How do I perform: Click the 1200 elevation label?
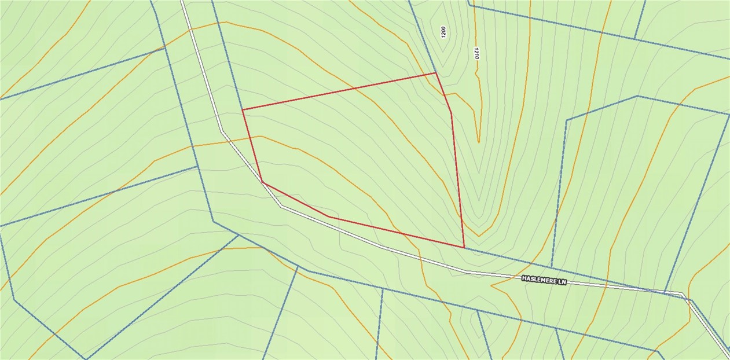[444, 32]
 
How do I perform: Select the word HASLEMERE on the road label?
[539, 280]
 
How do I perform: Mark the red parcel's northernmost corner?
[435, 73]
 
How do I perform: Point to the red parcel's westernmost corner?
[242, 109]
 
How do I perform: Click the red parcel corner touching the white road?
[263, 182]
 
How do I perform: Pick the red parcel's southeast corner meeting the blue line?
[464, 247]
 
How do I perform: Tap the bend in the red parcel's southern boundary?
[328, 216]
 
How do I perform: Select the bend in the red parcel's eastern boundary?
[451, 113]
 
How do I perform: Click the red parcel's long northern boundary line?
[339, 91]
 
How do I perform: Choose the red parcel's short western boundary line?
[252, 145]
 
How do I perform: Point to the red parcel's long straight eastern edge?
[458, 180]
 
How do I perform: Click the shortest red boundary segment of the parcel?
[443, 93]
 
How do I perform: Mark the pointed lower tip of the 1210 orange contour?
[478, 142]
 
